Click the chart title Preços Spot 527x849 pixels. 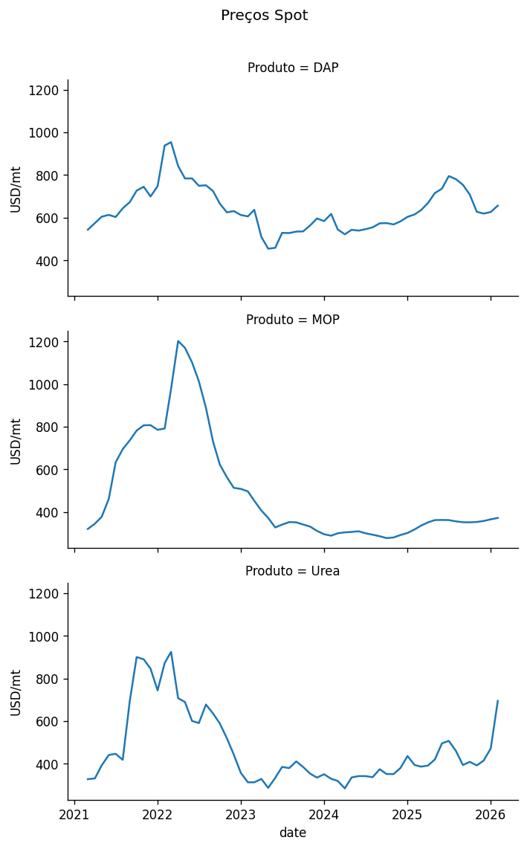264,16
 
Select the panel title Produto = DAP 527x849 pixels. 293,68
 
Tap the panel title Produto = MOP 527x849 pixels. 293,320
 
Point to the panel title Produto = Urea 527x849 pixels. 293,572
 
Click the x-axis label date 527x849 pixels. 293,833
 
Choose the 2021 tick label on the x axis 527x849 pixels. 74,815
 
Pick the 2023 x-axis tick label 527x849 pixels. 241,815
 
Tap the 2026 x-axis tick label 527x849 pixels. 491,815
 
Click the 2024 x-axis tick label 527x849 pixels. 324,815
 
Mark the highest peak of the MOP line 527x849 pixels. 178,341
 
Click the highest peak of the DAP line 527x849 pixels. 171,142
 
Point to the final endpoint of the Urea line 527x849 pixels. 498,700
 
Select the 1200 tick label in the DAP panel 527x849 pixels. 46,91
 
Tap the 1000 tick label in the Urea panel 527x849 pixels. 46,637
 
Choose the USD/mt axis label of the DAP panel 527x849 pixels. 16,189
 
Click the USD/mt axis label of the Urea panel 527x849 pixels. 16,692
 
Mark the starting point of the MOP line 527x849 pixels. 88,529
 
